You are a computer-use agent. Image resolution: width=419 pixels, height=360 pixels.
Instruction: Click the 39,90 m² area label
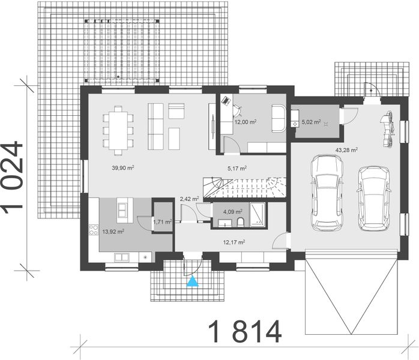pos(122,168)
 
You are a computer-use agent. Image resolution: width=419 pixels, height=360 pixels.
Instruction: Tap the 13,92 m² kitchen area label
pos(112,231)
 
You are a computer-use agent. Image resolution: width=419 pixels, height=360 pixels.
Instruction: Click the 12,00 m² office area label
pos(245,122)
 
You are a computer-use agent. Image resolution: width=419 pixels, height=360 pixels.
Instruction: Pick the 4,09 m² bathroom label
pos(232,211)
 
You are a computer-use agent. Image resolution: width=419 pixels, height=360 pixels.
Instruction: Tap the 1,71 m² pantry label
pos(162,222)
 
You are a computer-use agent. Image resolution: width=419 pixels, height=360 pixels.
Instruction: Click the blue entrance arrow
pos(191,281)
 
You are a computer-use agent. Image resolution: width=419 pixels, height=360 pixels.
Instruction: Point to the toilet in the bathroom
pos(240,223)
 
